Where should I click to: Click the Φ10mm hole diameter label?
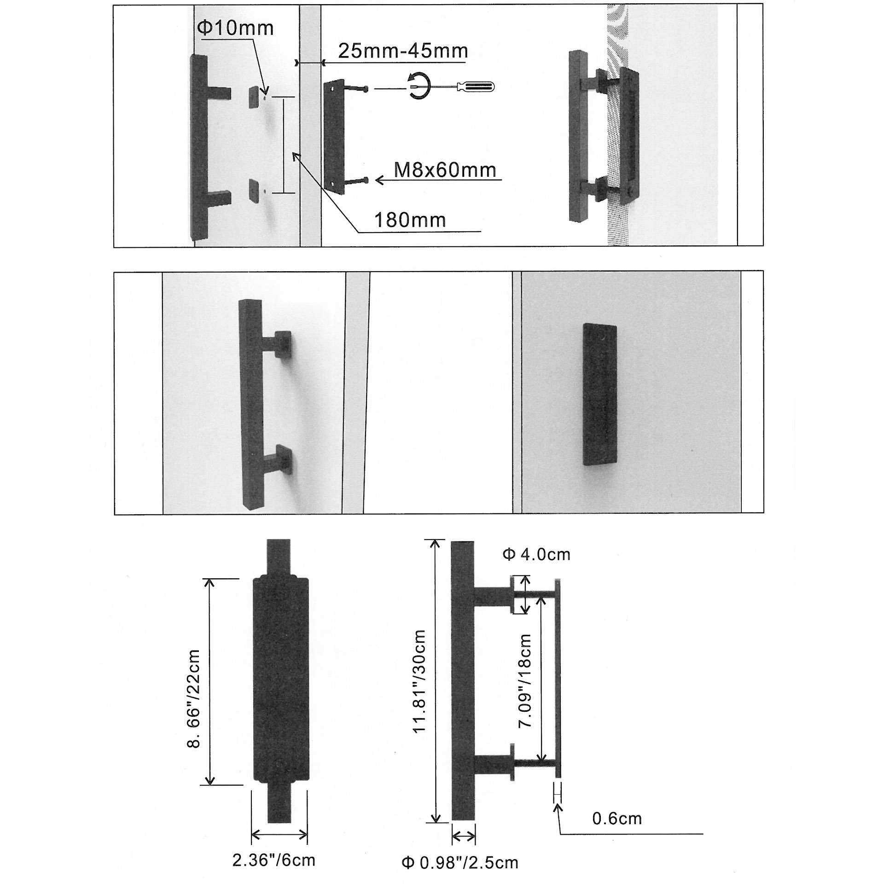click(235, 29)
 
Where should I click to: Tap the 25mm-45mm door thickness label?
click(403, 51)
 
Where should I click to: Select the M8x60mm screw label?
click(445, 171)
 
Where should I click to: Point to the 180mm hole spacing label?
click(410, 221)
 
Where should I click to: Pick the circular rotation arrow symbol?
click(418, 86)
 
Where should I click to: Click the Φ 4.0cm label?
click(536, 554)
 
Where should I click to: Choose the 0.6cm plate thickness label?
click(616, 819)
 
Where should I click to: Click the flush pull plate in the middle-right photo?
click(599, 394)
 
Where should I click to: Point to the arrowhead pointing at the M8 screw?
click(379, 180)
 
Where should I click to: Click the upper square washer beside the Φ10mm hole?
click(254, 97)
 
